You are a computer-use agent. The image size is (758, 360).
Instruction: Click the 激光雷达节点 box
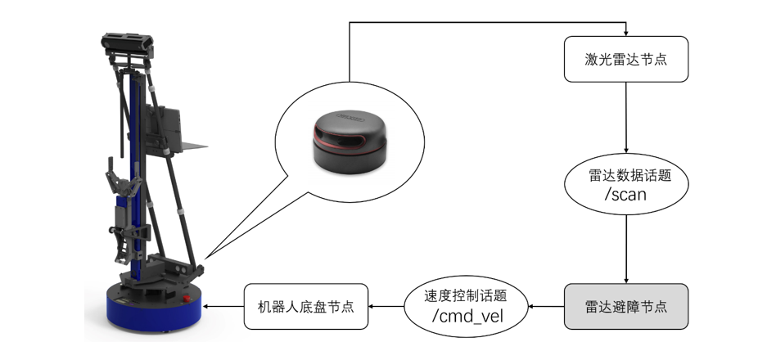tap(626, 59)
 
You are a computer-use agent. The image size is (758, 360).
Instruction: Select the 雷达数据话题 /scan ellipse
tap(626, 184)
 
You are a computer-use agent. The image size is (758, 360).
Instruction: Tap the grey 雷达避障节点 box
tap(626, 306)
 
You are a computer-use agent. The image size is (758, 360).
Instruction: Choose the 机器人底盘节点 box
tap(306, 306)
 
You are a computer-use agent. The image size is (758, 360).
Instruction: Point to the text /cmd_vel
tap(467, 316)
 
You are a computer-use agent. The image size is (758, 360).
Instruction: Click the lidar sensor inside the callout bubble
tap(350, 142)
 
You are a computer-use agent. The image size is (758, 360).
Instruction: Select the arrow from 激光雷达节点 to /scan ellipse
tap(626, 118)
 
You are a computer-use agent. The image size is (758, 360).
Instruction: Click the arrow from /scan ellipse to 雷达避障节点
tap(626, 250)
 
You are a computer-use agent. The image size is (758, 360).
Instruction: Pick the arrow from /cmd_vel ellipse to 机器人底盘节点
tap(386, 306)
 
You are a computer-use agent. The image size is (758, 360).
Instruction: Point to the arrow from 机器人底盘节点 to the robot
tap(223, 306)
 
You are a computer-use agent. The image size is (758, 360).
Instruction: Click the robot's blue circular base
tap(154, 308)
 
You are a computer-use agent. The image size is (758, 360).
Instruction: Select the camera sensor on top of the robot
tap(128, 43)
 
